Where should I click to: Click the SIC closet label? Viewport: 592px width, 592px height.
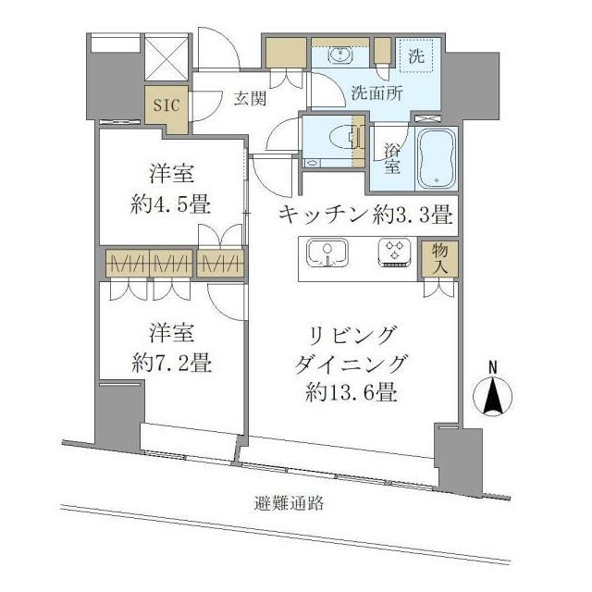coord(166,105)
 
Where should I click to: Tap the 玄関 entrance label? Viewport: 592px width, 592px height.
coord(250,99)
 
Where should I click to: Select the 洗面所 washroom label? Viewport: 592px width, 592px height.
coord(376,92)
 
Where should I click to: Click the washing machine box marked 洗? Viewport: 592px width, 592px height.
coord(416,55)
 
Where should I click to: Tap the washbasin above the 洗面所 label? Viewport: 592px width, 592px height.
coord(340,55)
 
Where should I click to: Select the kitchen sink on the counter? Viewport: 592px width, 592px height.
coord(327,253)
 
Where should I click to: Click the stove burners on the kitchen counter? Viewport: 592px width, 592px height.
coord(395,253)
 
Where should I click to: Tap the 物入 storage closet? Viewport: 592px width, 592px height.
coord(439,259)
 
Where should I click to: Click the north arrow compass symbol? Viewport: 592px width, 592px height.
coord(492,396)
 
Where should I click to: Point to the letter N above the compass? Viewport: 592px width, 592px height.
coord(492,367)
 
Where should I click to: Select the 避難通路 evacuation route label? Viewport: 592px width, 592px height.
coord(289,503)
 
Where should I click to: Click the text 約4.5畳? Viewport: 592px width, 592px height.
coord(170,205)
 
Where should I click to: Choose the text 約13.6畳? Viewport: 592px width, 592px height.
coord(351,392)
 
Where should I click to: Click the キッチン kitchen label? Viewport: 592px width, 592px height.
coord(324,215)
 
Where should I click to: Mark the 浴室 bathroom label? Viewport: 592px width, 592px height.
coord(392,159)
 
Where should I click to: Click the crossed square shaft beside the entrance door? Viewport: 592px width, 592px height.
coord(166,56)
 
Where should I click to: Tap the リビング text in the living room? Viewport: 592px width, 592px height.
coord(351,335)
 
